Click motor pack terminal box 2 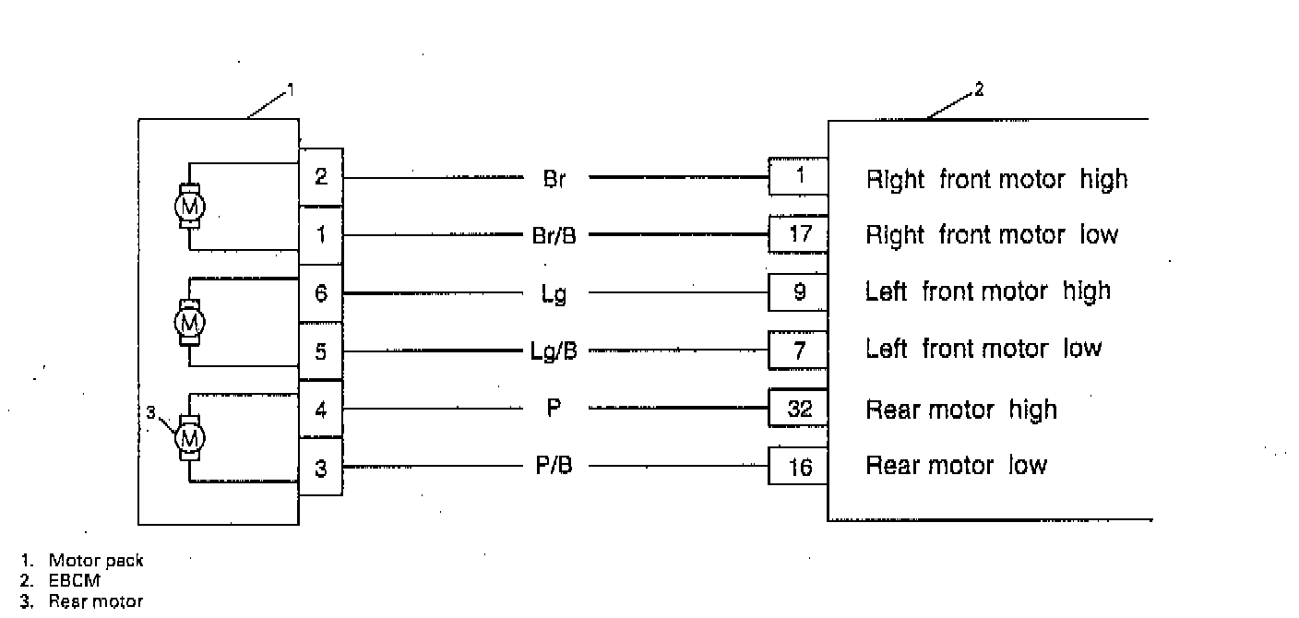[320, 176]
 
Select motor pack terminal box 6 [320, 293]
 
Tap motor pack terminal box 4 [320, 409]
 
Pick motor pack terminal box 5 [320, 351]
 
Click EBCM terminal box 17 [799, 234]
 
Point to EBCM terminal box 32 [799, 409]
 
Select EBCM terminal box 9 [799, 292]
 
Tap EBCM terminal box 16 [799, 468]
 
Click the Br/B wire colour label [554, 235]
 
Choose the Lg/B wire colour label [554, 351]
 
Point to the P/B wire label [554, 466]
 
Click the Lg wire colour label [554, 294]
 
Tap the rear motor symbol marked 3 [190, 437]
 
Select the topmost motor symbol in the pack [190, 205]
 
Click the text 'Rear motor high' [960, 410]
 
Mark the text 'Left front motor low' [983, 349]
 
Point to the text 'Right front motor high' [996, 179]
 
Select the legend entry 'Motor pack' [96, 560]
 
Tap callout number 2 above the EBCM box [979, 90]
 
